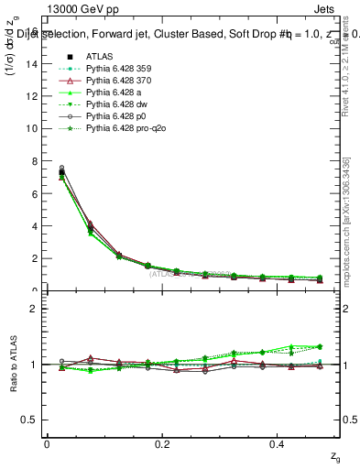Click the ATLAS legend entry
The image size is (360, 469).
pyautogui.click(x=100, y=56)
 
